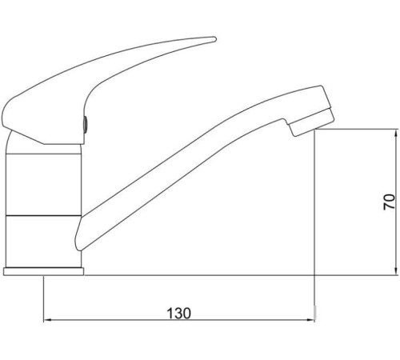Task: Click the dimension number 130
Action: tap(179, 313)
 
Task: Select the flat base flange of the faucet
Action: tap(44, 272)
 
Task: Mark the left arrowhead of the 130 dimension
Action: tap(46, 322)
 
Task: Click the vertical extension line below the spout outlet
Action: tap(315, 208)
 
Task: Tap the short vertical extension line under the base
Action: tap(42, 300)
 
